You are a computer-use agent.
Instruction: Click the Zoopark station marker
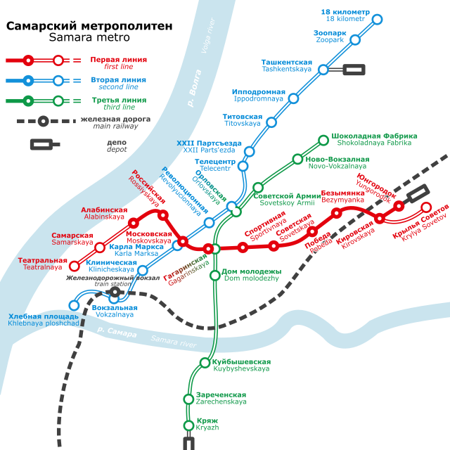(x=355, y=40)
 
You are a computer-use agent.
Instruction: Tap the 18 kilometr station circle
(x=377, y=19)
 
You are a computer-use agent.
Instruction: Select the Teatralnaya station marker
(x=75, y=266)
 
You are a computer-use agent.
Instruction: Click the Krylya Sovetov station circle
(x=426, y=207)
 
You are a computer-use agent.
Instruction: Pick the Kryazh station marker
(x=188, y=425)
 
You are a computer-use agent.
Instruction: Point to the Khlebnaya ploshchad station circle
(x=74, y=305)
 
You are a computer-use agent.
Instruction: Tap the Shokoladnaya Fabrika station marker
(x=323, y=141)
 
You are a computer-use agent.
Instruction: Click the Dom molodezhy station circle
(x=215, y=275)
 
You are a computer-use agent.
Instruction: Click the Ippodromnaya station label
(x=259, y=96)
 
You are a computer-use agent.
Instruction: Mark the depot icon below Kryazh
(x=188, y=443)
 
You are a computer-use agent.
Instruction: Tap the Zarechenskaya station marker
(x=188, y=399)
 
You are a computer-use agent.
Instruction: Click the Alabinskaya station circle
(x=132, y=224)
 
